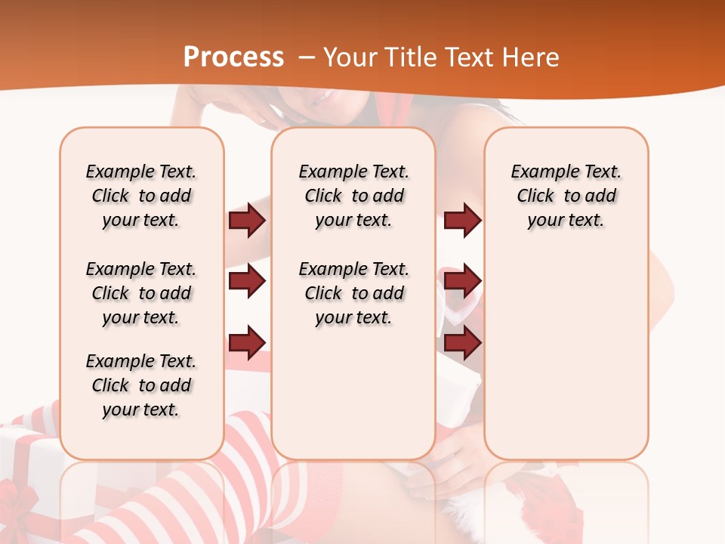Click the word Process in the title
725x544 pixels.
(233, 57)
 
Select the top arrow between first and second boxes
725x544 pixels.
(247, 221)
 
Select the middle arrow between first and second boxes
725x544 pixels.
(247, 282)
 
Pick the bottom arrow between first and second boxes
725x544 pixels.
(247, 343)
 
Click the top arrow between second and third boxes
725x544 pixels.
(462, 221)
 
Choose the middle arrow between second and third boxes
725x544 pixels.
(462, 282)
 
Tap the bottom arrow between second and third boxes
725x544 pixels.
(462, 343)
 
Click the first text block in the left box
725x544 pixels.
(141, 196)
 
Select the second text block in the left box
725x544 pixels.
(141, 293)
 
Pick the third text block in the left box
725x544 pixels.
(141, 385)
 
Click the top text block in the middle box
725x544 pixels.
(353, 196)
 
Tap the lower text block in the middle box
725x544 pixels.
(353, 293)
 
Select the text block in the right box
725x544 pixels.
(566, 196)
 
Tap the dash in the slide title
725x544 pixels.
(307, 58)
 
